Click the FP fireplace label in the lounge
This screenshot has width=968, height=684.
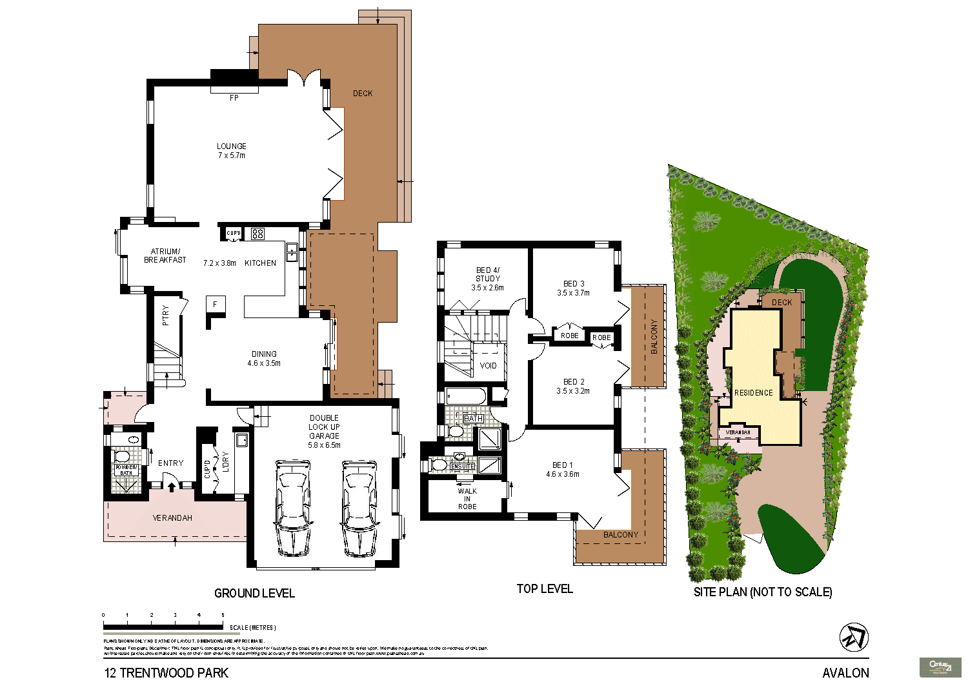234,98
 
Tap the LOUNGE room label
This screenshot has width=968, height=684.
232,146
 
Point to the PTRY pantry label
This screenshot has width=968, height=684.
166,315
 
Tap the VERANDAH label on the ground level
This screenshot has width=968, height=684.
172,518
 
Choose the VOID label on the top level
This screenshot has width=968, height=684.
489,366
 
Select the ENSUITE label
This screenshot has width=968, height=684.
463,467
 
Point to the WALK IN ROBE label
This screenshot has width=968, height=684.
467,499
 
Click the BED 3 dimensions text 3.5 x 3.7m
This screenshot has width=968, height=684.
573,293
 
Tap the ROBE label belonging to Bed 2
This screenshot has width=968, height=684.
601,338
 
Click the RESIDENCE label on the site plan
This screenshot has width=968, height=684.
753,393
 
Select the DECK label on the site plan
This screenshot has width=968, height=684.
781,303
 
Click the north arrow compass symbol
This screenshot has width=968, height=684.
853,638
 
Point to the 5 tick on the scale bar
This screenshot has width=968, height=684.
223,616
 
